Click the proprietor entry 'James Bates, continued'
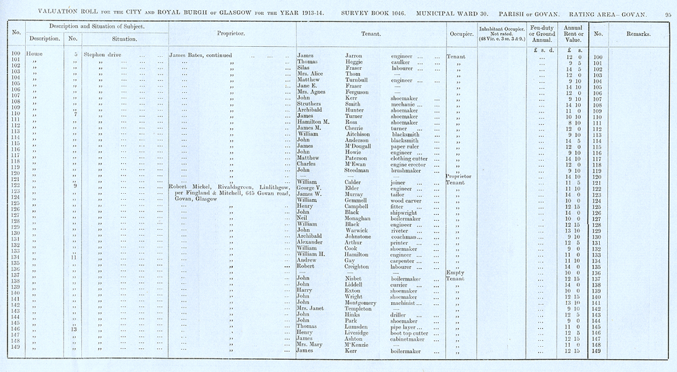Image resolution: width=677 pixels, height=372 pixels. pyautogui.click(x=200, y=55)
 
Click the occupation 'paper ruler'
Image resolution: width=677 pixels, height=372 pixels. pyautogui.click(x=408, y=146)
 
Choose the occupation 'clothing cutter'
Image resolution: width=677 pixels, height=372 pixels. pyautogui.click(x=414, y=158)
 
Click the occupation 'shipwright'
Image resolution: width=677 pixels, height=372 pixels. pyautogui.click(x=408, y=212)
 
